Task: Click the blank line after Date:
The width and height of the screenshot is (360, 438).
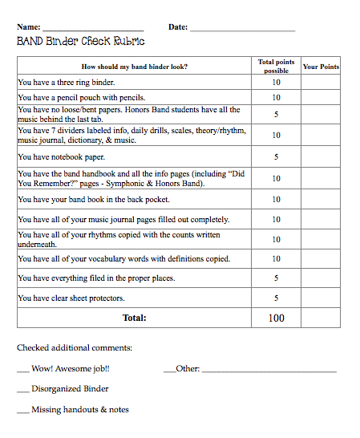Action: click(x=242, y=29)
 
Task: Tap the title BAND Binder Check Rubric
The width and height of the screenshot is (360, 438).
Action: click(x=81, y=41)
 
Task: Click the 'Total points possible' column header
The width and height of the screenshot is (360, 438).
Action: click(x=277, y=66)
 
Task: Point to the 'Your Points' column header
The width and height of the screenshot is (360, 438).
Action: click(x=321, y=67)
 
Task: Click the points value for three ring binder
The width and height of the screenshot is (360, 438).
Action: click(x=277, y=82)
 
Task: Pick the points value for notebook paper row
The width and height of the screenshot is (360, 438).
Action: click(x=277, y=157)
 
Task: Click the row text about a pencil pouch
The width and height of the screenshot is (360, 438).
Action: click(x=82, y=98)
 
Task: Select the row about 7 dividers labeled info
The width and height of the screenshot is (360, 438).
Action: click(x=131, y=135)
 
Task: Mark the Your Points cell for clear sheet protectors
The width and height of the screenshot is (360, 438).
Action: click(x=321, y=298)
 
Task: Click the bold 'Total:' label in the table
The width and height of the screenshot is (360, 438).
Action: click(x=134, y=318)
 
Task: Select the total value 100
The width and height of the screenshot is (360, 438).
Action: click(x=277, y=318)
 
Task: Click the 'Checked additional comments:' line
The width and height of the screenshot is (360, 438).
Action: click(x=75, y=347)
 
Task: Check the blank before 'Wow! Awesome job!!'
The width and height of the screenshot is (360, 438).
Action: click(x=22, y=369)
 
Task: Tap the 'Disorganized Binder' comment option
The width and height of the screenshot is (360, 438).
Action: click(x=70, y=389)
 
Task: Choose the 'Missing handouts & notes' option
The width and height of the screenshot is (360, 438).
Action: click(x=79, y=409)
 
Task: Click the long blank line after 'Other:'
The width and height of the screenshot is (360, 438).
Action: click(x=269, y=370)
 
